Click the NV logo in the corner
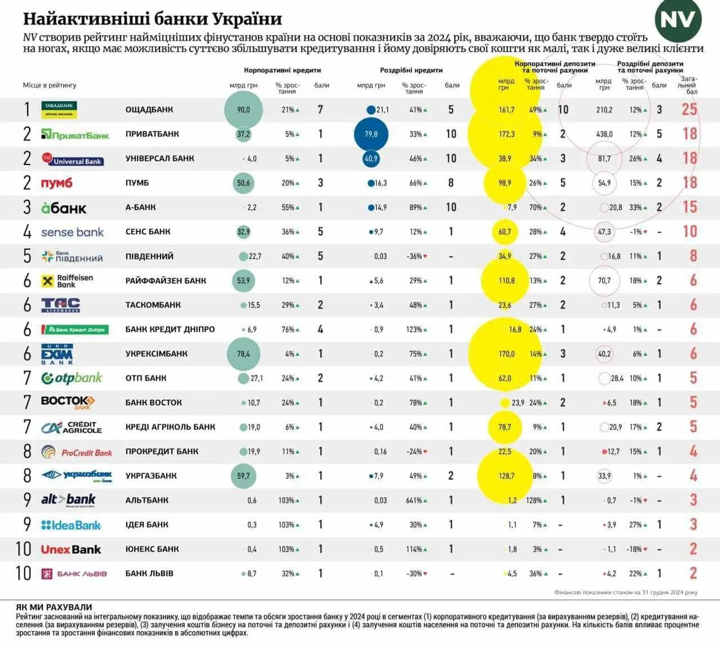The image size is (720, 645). (678, 20)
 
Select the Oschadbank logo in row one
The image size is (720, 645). (59, 110)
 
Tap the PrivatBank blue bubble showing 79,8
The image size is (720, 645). (371, 134)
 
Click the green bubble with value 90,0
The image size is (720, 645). (244, 110)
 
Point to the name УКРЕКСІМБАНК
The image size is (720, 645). (156, 354)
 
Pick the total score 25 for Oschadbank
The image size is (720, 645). (690, 109)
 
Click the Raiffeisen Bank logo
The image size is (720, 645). (67, 281)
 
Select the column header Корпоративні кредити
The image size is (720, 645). (282, 70)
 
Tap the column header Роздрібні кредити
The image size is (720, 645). (411, 70)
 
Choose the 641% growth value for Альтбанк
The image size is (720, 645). (414, 500)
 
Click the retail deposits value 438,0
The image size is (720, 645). (604, 134)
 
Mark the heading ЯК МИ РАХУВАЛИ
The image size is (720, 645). (54, 607)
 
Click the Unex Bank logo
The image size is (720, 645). (71, 550)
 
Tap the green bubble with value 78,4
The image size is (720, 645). (244, 354)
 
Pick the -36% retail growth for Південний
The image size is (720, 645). (414, 256)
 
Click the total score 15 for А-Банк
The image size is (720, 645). (690, 207)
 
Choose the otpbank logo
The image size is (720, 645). (72, 378)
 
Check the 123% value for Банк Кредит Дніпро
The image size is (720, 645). (414, 329)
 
